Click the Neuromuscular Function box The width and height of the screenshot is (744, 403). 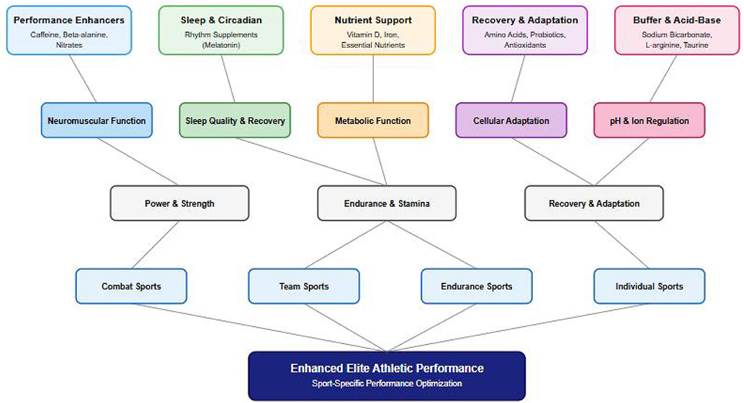97,121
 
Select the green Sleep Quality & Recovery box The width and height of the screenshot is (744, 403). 235,121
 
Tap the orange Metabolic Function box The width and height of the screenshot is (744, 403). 373,121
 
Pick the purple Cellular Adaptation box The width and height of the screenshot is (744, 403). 511,121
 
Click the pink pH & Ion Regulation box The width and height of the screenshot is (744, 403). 649,121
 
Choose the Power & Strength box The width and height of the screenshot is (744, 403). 179,203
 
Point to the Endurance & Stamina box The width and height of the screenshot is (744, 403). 386,203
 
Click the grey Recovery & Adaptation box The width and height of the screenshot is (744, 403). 594,203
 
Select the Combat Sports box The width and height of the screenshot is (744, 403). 131,286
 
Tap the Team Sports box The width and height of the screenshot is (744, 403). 304,286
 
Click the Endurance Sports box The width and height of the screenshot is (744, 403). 476,286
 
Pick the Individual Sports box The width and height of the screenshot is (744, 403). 649,286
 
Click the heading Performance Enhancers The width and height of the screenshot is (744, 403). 69,20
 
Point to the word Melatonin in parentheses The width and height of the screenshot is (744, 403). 221,45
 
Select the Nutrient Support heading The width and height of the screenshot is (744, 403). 373,20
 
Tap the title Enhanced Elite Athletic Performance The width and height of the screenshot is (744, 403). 386,369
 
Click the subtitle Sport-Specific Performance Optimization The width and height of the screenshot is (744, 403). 386,384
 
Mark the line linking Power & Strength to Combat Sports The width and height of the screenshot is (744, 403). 155,245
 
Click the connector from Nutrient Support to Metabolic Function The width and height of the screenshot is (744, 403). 373,79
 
